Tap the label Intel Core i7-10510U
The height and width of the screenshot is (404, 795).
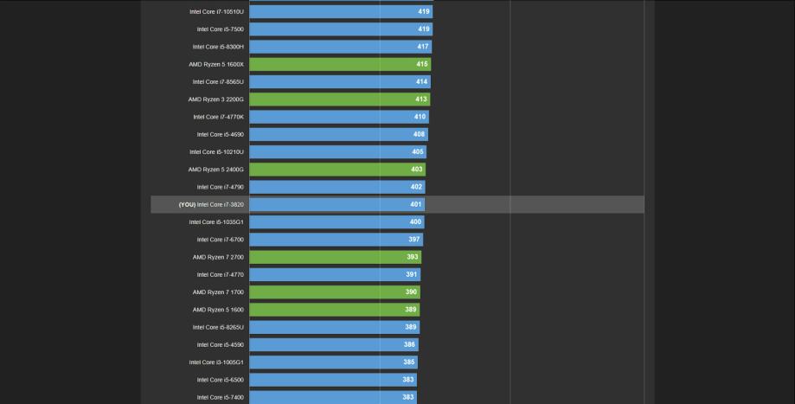coord(216,12)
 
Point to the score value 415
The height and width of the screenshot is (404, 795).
coord(422,64)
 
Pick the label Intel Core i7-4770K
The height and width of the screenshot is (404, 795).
coord(218,117)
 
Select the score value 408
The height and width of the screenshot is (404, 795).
coord(419,134)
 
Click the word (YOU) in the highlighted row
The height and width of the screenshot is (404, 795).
coord(187,204)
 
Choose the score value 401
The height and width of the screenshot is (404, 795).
coord(416,204)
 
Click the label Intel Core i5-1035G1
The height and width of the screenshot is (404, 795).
coord(216,222)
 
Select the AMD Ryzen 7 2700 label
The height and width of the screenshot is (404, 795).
coord(218,257)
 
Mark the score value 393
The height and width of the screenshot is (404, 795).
coord(413,257)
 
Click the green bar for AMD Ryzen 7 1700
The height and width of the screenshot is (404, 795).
coord(334,292)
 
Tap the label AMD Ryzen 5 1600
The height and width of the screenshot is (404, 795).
coord(218,310)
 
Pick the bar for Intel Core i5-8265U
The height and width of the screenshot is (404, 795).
coord(334,327)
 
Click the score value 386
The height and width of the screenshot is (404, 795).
coord(409,344)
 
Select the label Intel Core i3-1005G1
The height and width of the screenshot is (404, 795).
coord(216,362)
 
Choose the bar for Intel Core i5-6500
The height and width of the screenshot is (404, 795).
coord(332,380)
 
